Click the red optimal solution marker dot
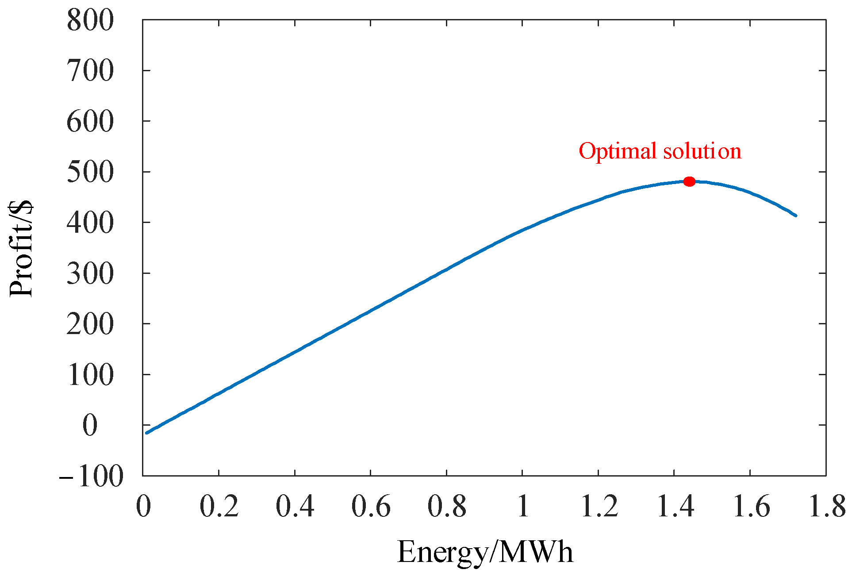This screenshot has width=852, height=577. tap(689, 181)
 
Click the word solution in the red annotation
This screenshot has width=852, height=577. tap(702, 151)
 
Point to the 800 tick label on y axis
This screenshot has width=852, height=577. tap(90, 20)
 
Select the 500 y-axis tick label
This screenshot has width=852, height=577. tap(90, 172)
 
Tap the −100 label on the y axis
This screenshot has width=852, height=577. tap(91, 477)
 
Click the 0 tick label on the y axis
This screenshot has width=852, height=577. tap(90, 426)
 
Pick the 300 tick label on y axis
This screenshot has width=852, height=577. tap(90, 273)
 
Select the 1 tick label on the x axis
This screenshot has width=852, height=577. tap(523, 506)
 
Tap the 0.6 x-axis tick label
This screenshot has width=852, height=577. tap(371, 506)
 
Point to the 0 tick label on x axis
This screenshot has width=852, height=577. tap(143, 506)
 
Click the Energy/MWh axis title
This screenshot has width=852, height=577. tap(485, 552)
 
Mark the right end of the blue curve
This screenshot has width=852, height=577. tap(795, 215)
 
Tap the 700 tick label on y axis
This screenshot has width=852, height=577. tap(90, 71)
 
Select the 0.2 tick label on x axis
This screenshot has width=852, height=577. tap(219, 506)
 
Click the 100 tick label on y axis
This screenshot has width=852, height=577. tap(90, 375)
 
